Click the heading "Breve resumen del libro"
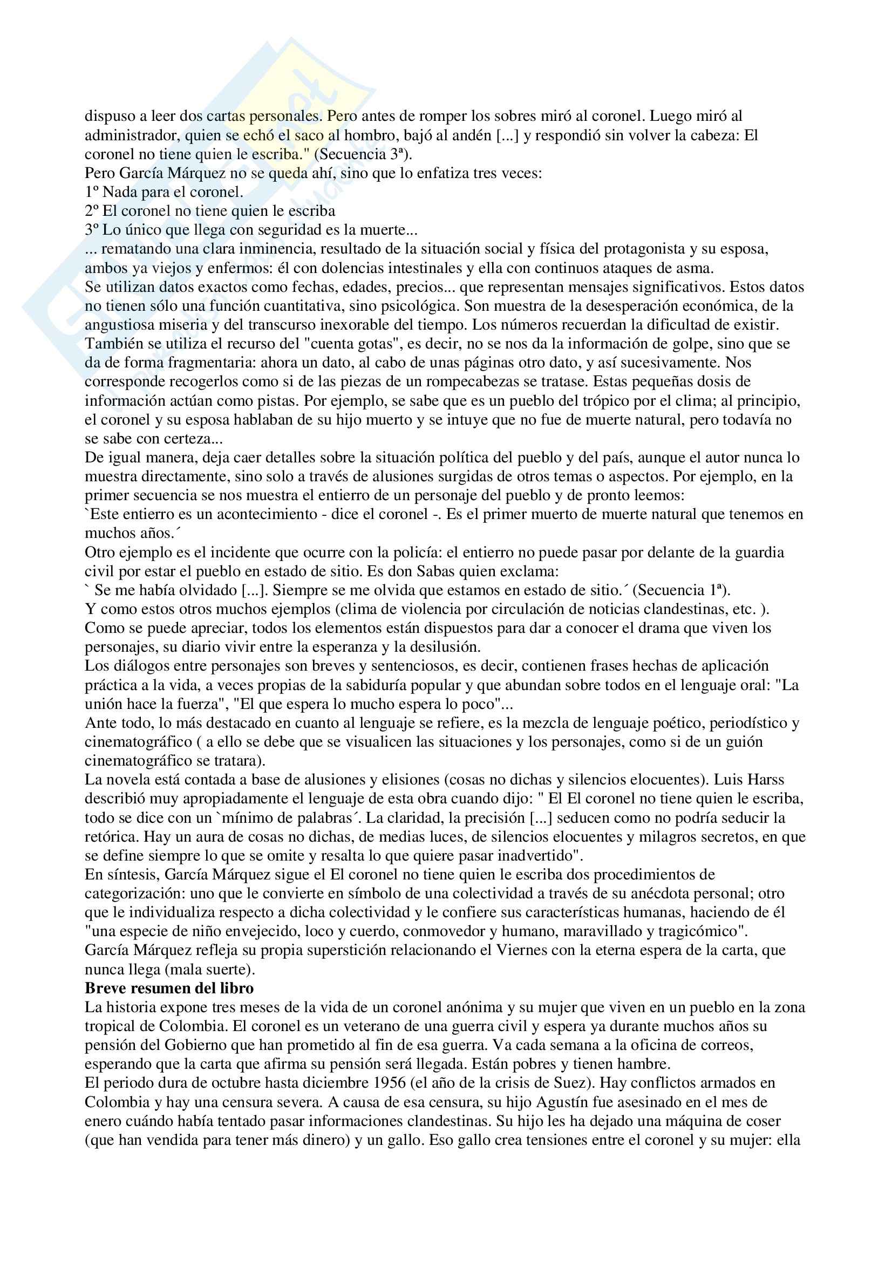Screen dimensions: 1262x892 pos(169,988)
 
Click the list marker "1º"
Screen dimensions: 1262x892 pos(92,192)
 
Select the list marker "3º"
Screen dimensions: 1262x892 pos(92,230)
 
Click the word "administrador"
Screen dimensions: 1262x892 pos(130,135)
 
